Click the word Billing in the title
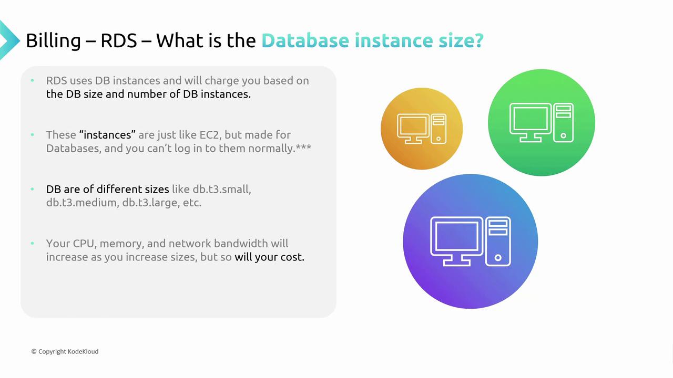[x=54, y=41]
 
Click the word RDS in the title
[x=119, y=40]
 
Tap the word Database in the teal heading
[x=305, y=40]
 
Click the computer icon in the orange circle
[x=422, y=129]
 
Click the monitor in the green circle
[x=531, y=122]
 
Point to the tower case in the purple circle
[x=498, y=241]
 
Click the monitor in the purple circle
[x=457, y=241]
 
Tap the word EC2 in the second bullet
[x=210, y=135]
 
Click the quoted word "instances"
[x=108, y=135]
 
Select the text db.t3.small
[x=222, y=190]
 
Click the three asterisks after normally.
[x=303, y=147]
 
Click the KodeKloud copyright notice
[x=65, y=352]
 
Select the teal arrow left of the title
[x=9, y=40]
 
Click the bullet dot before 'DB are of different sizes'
[x=32, y=189]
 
